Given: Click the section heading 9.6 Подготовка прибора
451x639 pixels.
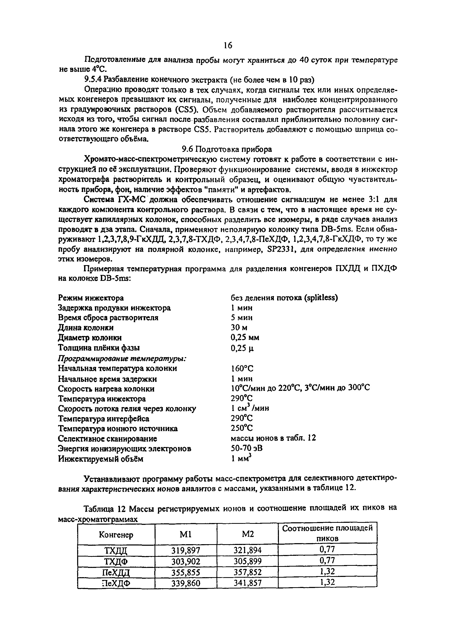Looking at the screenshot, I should pos(227,149).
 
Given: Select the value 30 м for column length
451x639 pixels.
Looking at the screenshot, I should pos(239,327).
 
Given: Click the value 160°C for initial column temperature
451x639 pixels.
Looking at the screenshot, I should pos(242,368).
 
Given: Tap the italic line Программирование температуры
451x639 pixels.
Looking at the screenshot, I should pos(122,358).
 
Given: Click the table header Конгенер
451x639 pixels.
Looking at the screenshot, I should pos(116,535).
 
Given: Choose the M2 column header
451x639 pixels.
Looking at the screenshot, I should pos(248,534).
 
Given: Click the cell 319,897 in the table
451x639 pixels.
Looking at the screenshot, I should pos(186,550).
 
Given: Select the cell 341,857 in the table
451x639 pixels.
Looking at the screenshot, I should pos(248,583).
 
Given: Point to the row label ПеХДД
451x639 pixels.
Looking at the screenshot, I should pos(116,572).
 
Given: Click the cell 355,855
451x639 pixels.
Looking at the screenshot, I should pos(186,572).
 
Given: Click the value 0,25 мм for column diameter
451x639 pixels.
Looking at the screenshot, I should pos(245,338).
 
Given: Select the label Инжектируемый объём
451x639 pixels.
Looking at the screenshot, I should pos(101,459).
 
